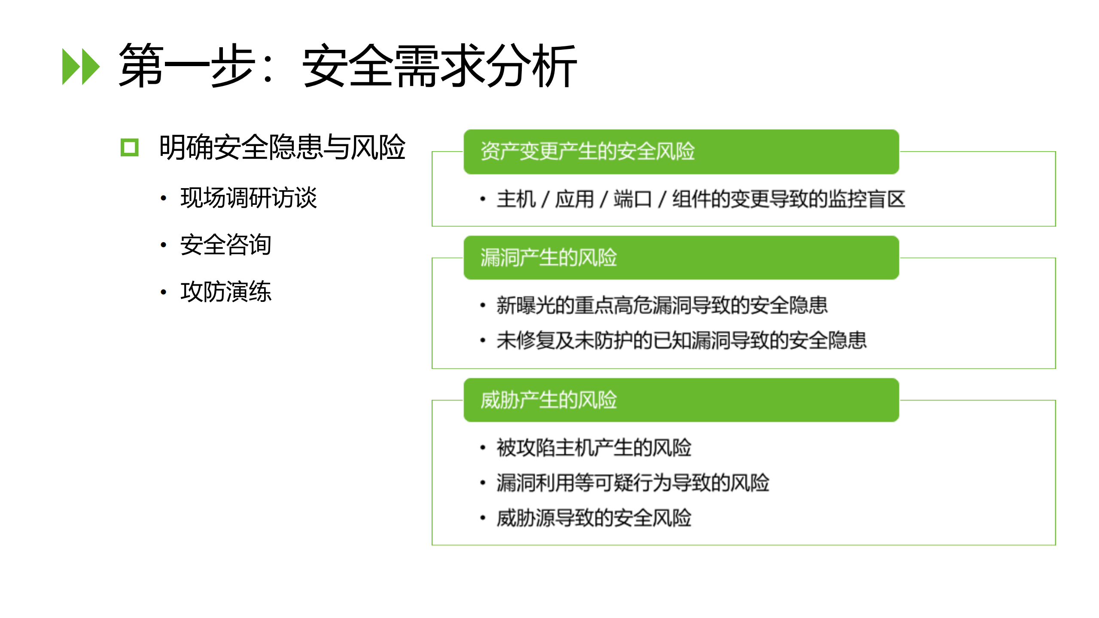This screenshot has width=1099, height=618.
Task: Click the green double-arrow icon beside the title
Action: (x=81, y=67)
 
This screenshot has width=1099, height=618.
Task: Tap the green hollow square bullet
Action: (x=130, y=147)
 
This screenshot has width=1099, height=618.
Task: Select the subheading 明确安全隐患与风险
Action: (x=282, y=147)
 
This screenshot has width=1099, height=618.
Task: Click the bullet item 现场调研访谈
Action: (x=248, y=198)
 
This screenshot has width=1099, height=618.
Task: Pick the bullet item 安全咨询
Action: (x=225, y=245)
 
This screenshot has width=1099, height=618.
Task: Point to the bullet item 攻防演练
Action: (x=225, y=292)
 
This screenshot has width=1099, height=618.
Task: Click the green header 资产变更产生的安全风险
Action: (x=587, y=151)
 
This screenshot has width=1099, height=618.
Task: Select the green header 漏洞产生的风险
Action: (x=548, y=258)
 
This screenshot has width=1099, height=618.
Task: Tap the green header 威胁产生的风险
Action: (x=548, y=400)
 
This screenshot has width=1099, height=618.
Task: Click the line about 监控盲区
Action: (x=700, y=199)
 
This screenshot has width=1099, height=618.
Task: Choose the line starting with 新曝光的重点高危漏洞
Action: (x=662, y=305)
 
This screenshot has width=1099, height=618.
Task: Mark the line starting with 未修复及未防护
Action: (x=681, y=341)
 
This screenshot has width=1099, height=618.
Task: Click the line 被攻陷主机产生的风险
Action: (x=594, y=448)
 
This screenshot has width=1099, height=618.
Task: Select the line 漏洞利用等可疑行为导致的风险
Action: (x=633, y=483)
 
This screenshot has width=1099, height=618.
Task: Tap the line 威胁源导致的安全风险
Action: (x=594, y=518)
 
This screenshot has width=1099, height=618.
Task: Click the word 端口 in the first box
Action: (x=632, y=199)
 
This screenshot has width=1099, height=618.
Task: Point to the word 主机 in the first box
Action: (x=516, y=199)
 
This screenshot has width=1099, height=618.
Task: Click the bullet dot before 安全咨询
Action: (x=163, y=245)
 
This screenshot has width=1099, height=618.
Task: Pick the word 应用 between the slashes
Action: (x=574, y=199)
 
